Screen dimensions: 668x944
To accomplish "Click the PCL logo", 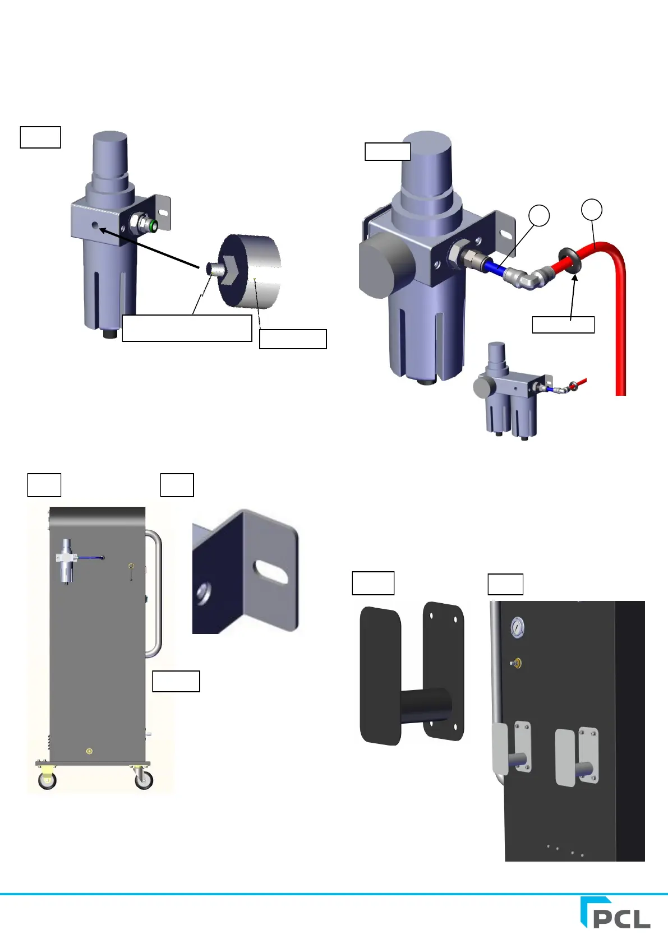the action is [x=615, y=913].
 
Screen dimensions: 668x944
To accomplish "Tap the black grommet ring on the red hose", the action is [x=569, y=260].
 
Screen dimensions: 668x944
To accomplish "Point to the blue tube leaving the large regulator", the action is [x=495, y=267].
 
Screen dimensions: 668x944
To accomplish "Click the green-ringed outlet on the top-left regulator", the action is [x=151, y=225].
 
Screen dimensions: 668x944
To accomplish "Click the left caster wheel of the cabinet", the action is [x=47, y=780].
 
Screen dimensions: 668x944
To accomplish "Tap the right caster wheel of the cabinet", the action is [x=144, y=779].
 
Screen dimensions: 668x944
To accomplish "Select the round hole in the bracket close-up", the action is [x=203, y=593].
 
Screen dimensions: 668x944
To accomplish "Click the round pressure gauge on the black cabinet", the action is [x=517, y=628].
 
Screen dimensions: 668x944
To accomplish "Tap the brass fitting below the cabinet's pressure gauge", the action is [x=517, y=664].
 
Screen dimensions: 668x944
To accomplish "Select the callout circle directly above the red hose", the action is [x=592, y=209].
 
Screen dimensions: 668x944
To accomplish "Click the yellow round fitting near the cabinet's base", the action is [x=89, y=751].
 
